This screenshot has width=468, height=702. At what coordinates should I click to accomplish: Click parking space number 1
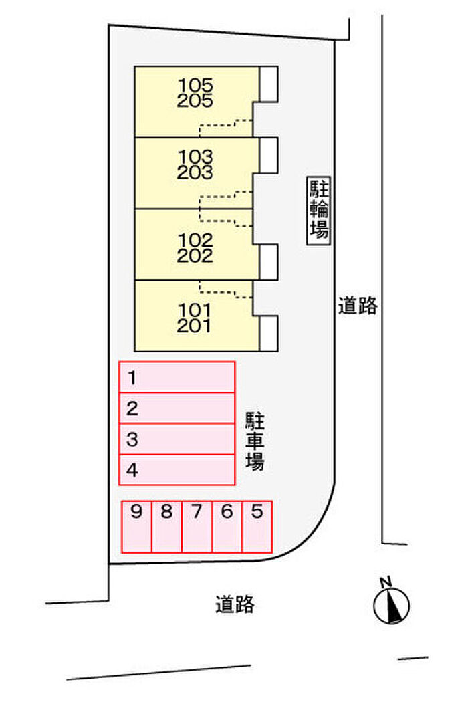[177, 377]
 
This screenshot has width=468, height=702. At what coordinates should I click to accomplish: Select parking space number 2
[177, 408]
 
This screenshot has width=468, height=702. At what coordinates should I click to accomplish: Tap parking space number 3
[177, 439]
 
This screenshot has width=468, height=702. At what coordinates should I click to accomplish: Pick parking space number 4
[177, 470]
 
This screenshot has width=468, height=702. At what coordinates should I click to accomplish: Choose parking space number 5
[257, 527]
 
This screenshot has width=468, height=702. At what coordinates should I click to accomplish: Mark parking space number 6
[227, 527]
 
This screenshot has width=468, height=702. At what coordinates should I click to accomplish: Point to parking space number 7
[197, 527]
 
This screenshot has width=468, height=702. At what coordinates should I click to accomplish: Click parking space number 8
[166, 527]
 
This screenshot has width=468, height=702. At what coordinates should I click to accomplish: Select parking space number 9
[136, 527]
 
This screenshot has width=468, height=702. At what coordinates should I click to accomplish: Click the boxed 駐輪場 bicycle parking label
[319, 211]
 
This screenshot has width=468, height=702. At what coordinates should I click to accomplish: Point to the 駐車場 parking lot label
[255, 441]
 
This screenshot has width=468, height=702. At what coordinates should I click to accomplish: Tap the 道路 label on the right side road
[358, 306]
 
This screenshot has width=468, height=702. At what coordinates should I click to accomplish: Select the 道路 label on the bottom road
[235, 604]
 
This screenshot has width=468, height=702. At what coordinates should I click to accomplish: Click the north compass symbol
[391, 602]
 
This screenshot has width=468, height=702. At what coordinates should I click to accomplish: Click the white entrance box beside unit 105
[269, 84]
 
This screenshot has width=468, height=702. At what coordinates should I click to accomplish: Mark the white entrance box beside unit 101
[269, 333]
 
